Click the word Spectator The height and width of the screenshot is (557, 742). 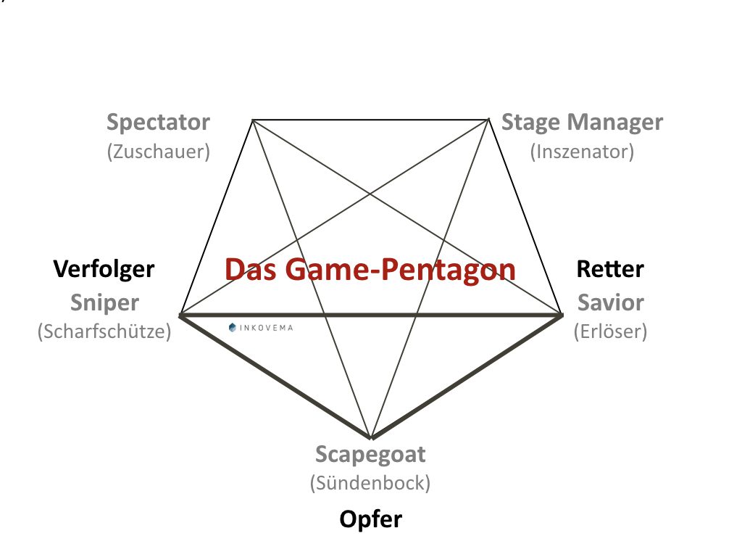tap(158, 122)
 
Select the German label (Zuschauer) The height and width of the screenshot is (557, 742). tap(158, 152)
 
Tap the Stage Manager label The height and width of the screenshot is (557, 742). tap(582, 122)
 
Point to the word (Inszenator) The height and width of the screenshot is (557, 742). tap(582, 152)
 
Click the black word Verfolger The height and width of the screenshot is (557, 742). tap(104, 269)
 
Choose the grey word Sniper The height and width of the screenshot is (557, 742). tap(104, 302)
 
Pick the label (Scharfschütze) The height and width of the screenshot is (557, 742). tap(104, 331)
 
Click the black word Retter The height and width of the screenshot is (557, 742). tap(610, 269)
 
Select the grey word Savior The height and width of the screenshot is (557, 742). tap(610, 302)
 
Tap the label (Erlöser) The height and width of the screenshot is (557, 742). tap(610, 331)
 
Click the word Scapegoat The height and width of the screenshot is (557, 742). tap(370, 455)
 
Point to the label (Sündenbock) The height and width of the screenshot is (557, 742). tap(370, 482)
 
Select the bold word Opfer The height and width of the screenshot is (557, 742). tap(370, 519)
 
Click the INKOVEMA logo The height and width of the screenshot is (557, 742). tap(260, 328)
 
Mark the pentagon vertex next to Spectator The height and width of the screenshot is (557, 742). tap(252, 119)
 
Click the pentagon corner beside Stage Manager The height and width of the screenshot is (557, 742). tap(488, 119)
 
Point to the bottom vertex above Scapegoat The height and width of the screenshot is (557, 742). tap(371, 438)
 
